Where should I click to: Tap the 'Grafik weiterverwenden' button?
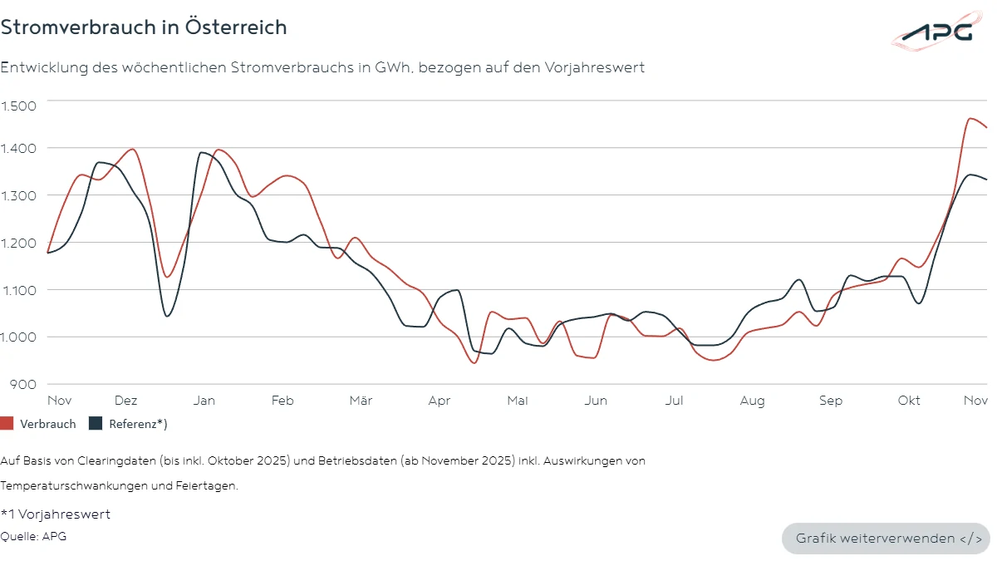[x=886, y=539]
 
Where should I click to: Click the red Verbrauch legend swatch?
[x=7, y=424]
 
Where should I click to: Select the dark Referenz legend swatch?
[x=95, y=424]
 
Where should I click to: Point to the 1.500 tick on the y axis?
[x=18, y=106]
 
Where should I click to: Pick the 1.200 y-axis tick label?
[x=18, y=243]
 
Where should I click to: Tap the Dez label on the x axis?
[x=126, y=401]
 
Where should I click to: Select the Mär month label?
[x=361, y=401]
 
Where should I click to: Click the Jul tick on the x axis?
[x=674, y=401]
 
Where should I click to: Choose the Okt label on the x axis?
[x=909, y=401]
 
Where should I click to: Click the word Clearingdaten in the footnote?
[x=91, y=460]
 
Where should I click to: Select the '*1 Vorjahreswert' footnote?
[x=56, y=514]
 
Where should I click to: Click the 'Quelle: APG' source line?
[x=33, y=536]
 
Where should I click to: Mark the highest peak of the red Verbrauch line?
[x=970, y=118]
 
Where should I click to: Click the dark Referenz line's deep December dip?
[x=167, y=316]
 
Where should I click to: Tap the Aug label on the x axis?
[x=752, y=401]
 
